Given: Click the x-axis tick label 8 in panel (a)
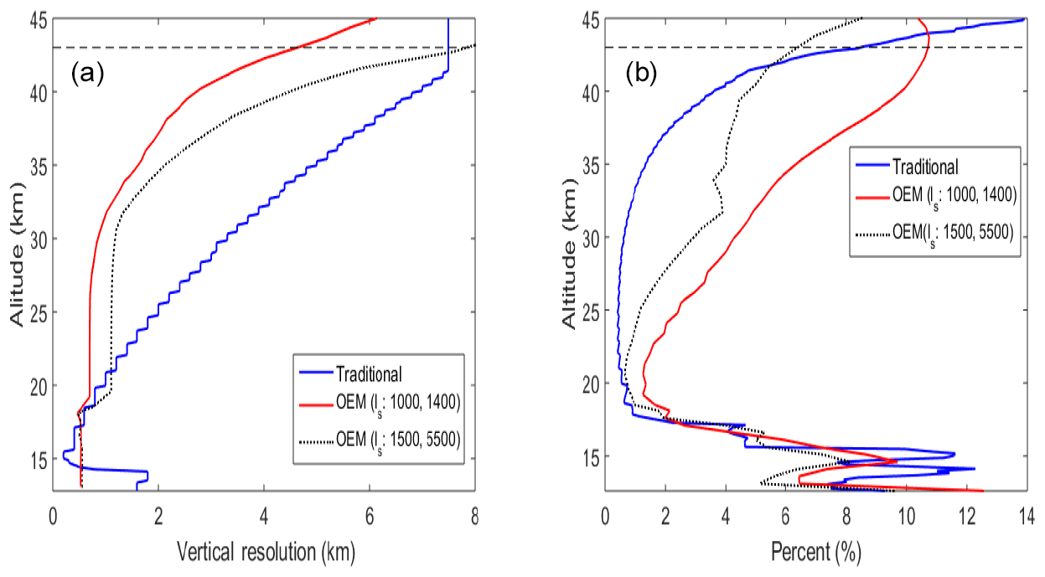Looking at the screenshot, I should click(475, 517).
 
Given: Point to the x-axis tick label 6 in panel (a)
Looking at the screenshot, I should click(370, 517).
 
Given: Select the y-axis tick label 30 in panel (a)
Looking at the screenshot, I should click(35, 239).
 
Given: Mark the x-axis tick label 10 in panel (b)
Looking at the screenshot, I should click(906, 517).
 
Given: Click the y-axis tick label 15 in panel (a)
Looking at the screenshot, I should click(35, 459).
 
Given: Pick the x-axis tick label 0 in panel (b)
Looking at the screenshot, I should click(607, 517).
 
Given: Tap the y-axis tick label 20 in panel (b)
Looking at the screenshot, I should click(588, 384).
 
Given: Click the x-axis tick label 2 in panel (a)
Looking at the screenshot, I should click(159, 517).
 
